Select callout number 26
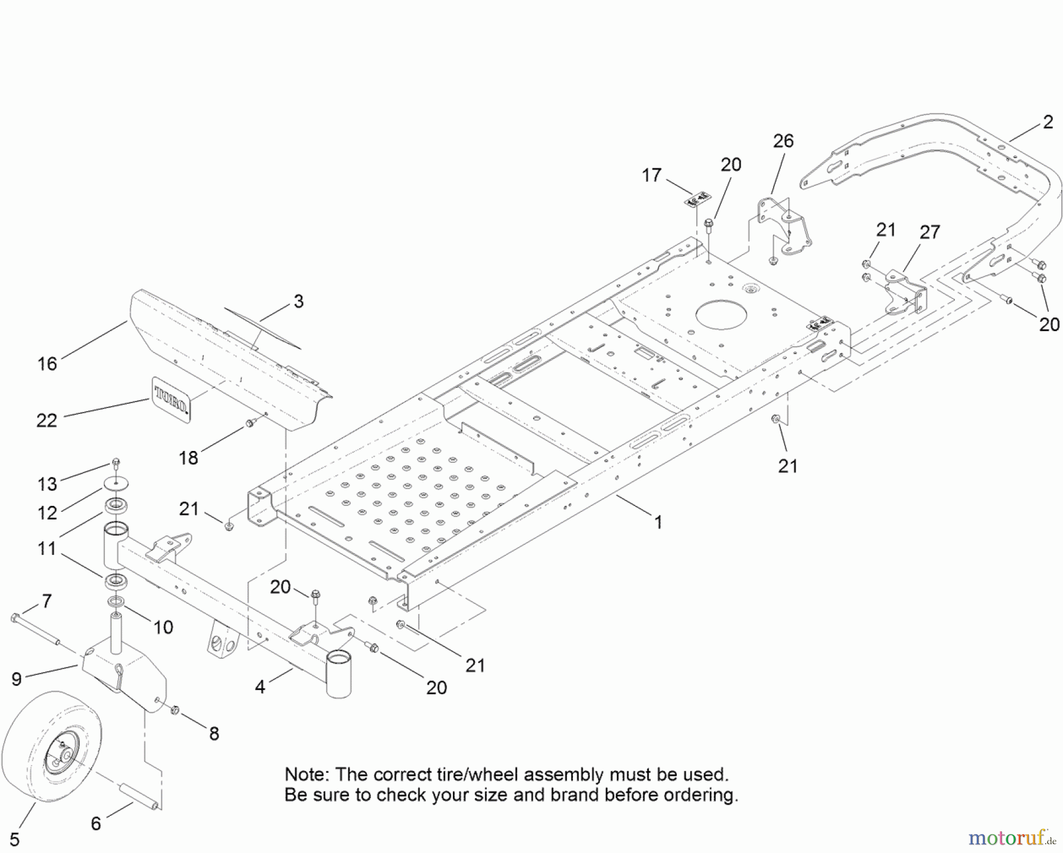(783, 141)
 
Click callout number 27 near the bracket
(930, 233)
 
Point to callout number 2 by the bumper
(1048, 122)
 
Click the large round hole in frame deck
(725, 315)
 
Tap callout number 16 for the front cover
(47, 364)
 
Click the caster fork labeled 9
(124, 679)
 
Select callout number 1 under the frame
(658, 522)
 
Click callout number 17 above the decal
(651, 175)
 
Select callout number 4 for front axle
(260, 687)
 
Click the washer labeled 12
(116, 483)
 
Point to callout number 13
(47, 484)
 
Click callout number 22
(47, 421)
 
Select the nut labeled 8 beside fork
(175, 710)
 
